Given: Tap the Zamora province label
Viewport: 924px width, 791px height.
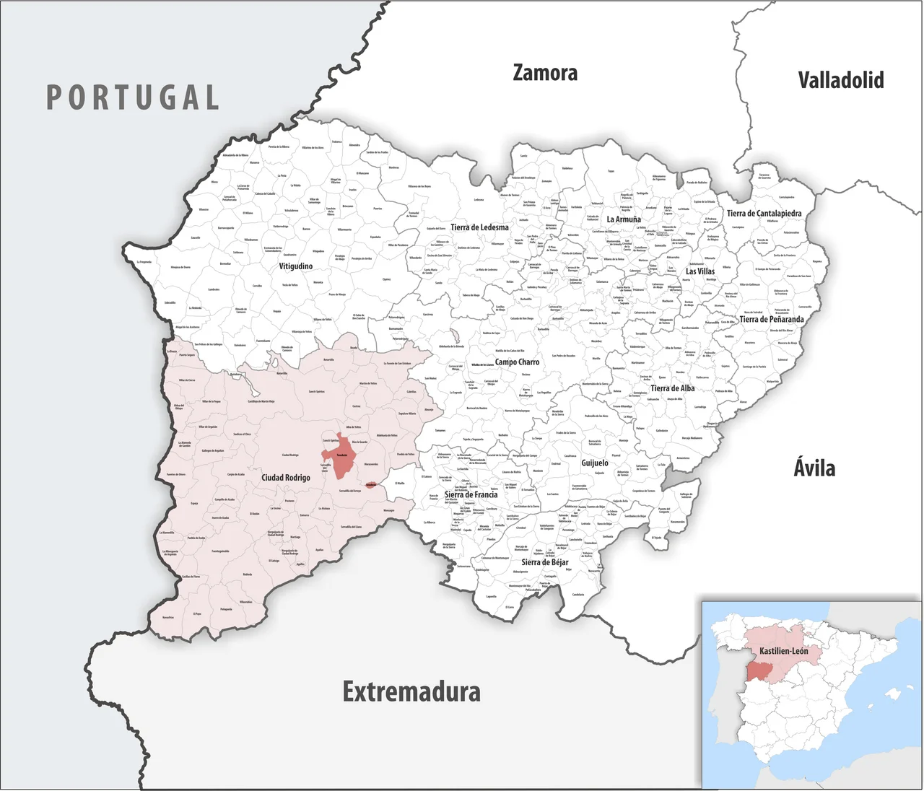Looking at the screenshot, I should tap(545, 73).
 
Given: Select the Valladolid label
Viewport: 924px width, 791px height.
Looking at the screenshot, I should tap(841, 80).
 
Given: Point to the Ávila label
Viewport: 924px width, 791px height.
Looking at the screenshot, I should tap(814, 468).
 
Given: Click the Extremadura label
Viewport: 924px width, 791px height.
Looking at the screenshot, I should tap(411, 691).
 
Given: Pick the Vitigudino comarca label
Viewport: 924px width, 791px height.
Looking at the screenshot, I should tap(296, 266).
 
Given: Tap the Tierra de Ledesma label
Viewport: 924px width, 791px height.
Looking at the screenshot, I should tap(479, 227).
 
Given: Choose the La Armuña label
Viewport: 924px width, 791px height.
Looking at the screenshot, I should tap(624, 219).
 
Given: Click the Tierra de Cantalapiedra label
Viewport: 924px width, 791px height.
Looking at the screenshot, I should tap(764, 214).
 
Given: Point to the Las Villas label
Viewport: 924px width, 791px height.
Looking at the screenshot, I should tap(700, 271).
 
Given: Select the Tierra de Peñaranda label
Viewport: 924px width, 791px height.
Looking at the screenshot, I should tap(771, 319).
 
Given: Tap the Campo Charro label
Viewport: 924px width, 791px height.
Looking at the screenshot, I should tap(517, 362).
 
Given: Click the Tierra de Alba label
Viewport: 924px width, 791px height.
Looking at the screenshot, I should tap(672, 388).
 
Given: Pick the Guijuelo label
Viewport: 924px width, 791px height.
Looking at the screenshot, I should tap(595, 463).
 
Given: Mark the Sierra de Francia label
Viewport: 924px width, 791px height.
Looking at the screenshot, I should tap(471, 495).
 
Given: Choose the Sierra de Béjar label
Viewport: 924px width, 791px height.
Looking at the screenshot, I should tap(544, 562).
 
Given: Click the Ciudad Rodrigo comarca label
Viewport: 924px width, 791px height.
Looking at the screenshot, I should tap(286, 478).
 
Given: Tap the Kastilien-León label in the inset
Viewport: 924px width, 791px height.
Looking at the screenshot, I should tap(783, 651).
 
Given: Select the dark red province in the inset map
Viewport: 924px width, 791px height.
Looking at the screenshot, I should tap(758, 670).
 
